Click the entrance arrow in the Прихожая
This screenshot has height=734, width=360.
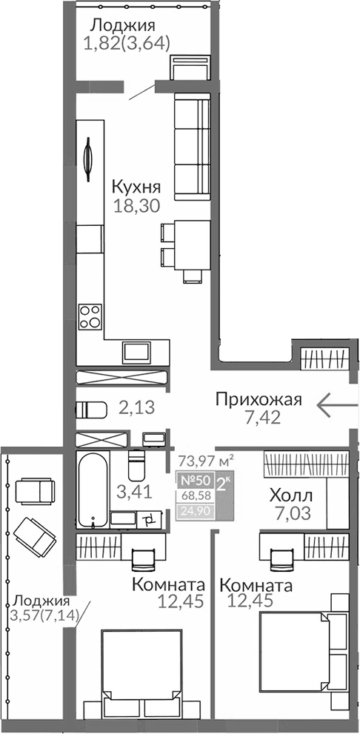(338, 404)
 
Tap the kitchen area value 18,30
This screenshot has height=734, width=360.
(137, 206)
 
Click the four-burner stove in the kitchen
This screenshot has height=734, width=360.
(90, 316)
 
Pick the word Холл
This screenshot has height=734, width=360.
(290, 495)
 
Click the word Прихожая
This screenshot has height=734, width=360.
(259, 400)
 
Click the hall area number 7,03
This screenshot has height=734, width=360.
(290, 513)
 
